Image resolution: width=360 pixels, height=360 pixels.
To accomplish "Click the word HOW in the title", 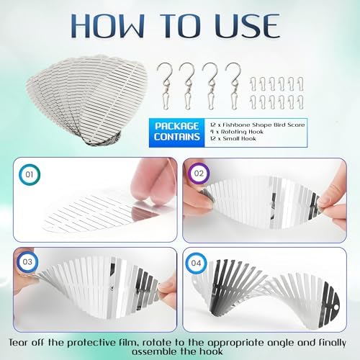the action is click(x=108, y=26).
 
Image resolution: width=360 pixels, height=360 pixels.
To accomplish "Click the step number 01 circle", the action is click(x=30, y=174).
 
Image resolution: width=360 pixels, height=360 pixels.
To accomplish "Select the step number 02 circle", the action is click(x=199, y=174).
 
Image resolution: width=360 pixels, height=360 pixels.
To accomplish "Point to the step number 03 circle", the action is click(x=27, y=262).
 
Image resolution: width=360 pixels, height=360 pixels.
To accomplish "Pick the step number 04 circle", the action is click(x=196, y=264).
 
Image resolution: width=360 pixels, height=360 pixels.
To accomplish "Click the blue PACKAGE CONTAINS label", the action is click(x=177, y=132).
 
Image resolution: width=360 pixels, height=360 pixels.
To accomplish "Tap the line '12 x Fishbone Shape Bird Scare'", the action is click(x=257, y=125).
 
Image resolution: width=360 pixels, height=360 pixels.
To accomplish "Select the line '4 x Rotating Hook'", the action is click(x=237, y=132).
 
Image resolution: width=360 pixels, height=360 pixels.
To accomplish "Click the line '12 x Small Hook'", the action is click(x=233, y=138).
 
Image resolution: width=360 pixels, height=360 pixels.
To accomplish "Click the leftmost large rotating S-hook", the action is click(x=165, y=86).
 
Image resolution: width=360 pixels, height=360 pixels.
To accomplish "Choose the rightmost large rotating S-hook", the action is click(x=233, y=86).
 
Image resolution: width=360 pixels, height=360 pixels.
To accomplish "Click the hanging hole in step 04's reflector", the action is click(x=336, y=307).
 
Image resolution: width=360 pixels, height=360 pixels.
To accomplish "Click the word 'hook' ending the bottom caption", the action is click(x=211, y=352).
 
